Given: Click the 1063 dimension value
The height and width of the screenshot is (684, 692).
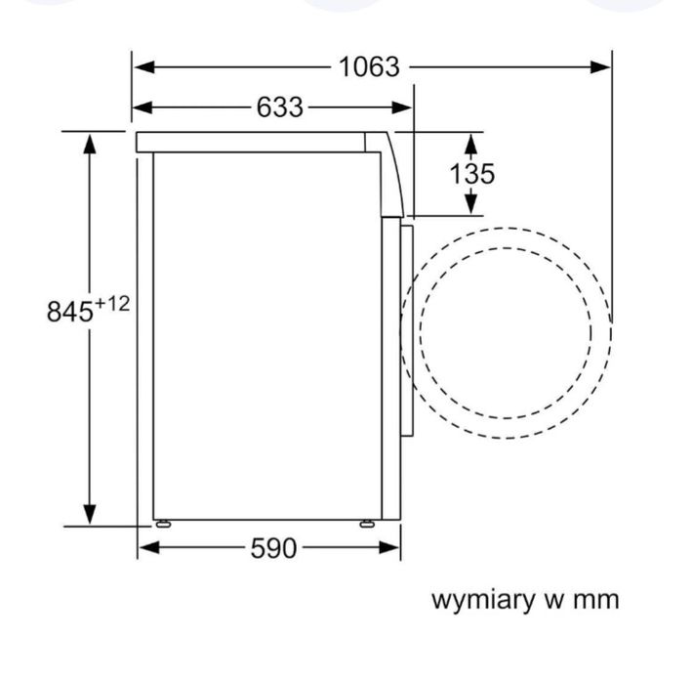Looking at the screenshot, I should [x=369, y=66].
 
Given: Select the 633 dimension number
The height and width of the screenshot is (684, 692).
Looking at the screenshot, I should [x=280, y=107].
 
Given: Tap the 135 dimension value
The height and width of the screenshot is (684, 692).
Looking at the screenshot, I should [x=471, y=174].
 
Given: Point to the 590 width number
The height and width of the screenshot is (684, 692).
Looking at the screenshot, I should [x=273, y=548].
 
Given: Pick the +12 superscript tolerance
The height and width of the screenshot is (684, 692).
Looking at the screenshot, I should [x=112, y=304].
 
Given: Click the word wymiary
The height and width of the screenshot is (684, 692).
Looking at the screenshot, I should [x=487, y=600].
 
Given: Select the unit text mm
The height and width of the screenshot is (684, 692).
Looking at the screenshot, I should [x=594, y=600].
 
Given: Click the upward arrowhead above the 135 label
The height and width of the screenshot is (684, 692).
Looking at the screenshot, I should [x=470, y=145].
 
